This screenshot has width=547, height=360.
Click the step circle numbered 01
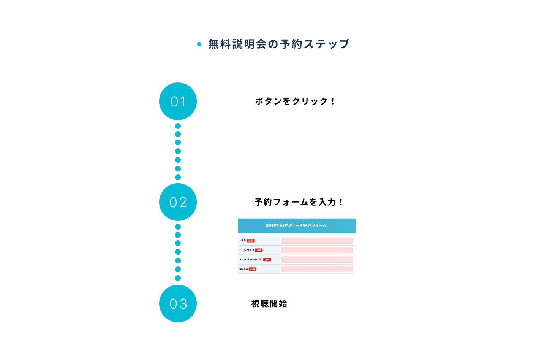[178, 101]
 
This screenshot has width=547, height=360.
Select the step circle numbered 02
[178, 202]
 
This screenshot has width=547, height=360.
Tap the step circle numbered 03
[178, 303]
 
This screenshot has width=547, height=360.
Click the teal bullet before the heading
[199, 44]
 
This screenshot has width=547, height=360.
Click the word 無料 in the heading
[220, 44]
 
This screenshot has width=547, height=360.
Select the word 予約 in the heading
[291, 44]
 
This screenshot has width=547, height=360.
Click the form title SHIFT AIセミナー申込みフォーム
[296, 225]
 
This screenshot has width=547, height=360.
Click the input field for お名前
[316, 241]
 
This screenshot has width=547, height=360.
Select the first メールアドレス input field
[316, 250]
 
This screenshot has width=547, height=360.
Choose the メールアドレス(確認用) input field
[316, 260]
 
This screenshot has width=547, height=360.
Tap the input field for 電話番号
[316, 269]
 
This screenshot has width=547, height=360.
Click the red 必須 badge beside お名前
[250, 241]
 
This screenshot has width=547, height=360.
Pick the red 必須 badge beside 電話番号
[253, 269]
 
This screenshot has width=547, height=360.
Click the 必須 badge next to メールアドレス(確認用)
[267, 260]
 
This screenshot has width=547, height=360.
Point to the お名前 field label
[242, 241]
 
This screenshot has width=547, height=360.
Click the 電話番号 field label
[243, 269]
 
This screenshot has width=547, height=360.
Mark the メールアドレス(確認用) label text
[251, 260]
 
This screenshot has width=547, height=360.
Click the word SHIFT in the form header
[272, 225]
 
